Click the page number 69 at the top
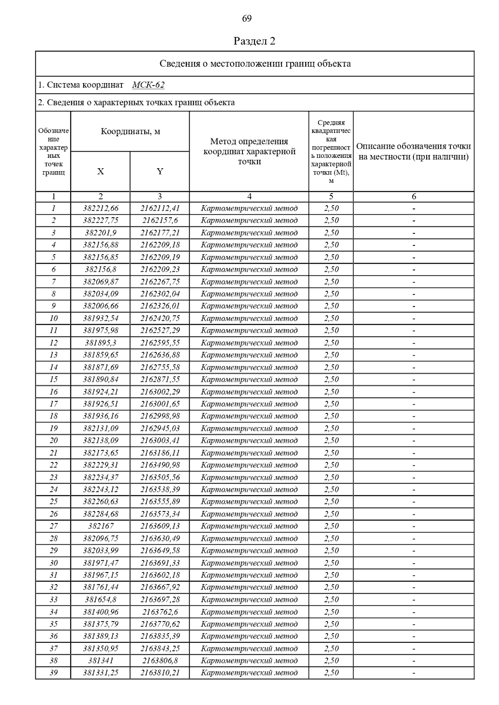(247, 19)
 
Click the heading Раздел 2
(254, 41)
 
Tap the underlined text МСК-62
(148, 85)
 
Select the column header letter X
(100, 172)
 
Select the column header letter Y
(160, 172)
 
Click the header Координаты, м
(130, 132)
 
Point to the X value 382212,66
(100, 209)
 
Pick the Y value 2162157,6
(160, 221)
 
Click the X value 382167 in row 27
(100, 526)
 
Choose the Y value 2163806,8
(160, 661)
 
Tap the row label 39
(53, 673)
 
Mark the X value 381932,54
(100, 319)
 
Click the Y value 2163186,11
(160, 453)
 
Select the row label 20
(53, 441)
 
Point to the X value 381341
(100, 661)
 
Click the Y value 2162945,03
(160, 428)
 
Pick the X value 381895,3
(100, 343)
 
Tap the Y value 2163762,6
(160, 612)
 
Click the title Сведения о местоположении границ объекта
(255, 64)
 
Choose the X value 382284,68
(100, 514)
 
